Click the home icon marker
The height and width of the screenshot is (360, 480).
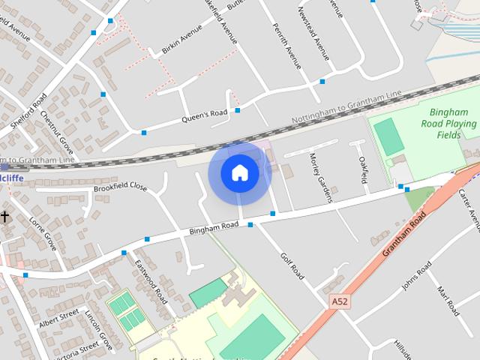pos(239,173)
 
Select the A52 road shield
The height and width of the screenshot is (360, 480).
pos(340,301)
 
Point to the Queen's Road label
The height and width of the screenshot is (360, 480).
pos(204,116)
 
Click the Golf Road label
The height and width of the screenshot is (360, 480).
pos(291,266)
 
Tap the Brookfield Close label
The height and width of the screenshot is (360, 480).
pos(120,186)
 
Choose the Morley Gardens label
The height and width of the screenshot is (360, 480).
pos(320,178)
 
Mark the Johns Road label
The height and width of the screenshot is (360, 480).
pos(416,275)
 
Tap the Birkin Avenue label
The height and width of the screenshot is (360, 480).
pos(181,40)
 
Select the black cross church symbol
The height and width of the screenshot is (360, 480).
pos(4,217)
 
